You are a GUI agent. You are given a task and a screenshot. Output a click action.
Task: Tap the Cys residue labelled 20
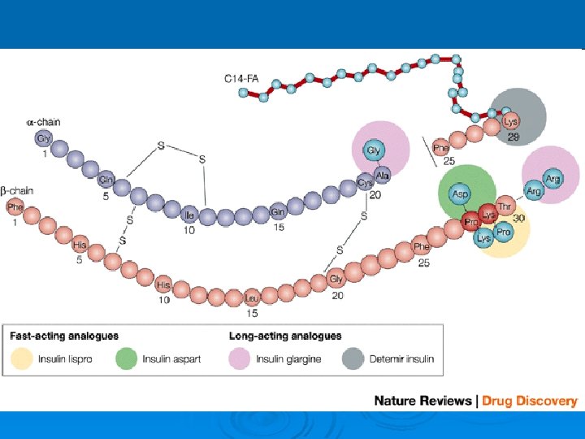[x=365, y=183]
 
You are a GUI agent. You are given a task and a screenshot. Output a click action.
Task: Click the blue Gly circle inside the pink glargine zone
[x=374, y=151]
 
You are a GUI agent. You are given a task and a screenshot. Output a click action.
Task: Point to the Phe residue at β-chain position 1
[x=15, y=207]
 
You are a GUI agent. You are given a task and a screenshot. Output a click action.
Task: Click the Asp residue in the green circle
[x=461, y=195]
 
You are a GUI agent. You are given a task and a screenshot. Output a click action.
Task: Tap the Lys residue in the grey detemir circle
[x=511, y=122]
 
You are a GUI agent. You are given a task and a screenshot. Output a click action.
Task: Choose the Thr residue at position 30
[x=505, y=208]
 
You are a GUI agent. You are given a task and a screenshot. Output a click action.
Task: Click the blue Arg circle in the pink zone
[x=552, y=179]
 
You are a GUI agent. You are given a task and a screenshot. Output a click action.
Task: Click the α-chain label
[x=43, y=122]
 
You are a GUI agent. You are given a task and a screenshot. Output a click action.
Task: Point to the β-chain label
[x=18, y=190]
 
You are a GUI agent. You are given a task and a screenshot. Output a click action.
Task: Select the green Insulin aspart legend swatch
[x=127, y=359]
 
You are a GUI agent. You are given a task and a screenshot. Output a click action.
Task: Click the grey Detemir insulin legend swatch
[x=353, y=359]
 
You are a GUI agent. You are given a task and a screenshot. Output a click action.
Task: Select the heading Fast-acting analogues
[x=64, y=336]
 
